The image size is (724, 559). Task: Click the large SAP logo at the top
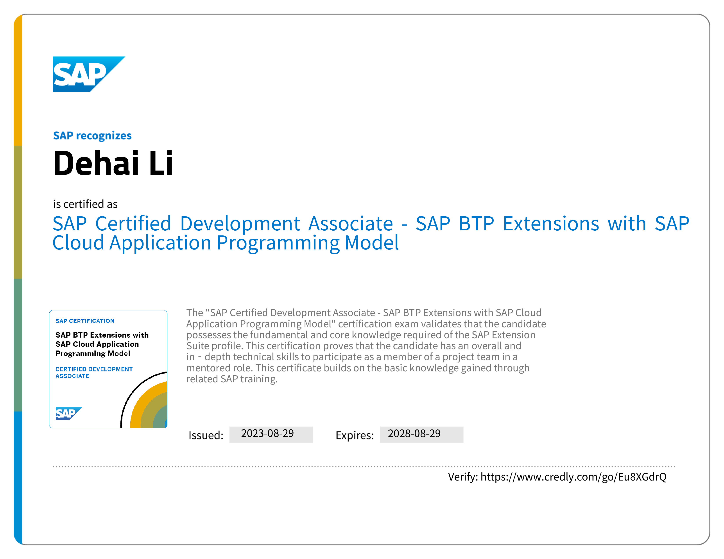coord(89,74)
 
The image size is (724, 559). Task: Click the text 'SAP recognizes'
coord(93,136)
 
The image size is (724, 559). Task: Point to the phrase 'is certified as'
coord(85,204)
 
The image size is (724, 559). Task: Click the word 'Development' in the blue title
coord(240,224)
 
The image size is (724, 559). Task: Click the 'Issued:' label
coord(206,435)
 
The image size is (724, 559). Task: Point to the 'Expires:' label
coord(355,435)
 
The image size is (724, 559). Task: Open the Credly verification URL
coord(573,477)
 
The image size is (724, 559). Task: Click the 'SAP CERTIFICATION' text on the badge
coord(85,321)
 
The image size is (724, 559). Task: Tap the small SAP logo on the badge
coord(69,413)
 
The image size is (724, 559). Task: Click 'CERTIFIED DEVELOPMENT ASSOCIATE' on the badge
coord(94,372)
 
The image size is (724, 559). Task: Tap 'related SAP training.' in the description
coord(232,379)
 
